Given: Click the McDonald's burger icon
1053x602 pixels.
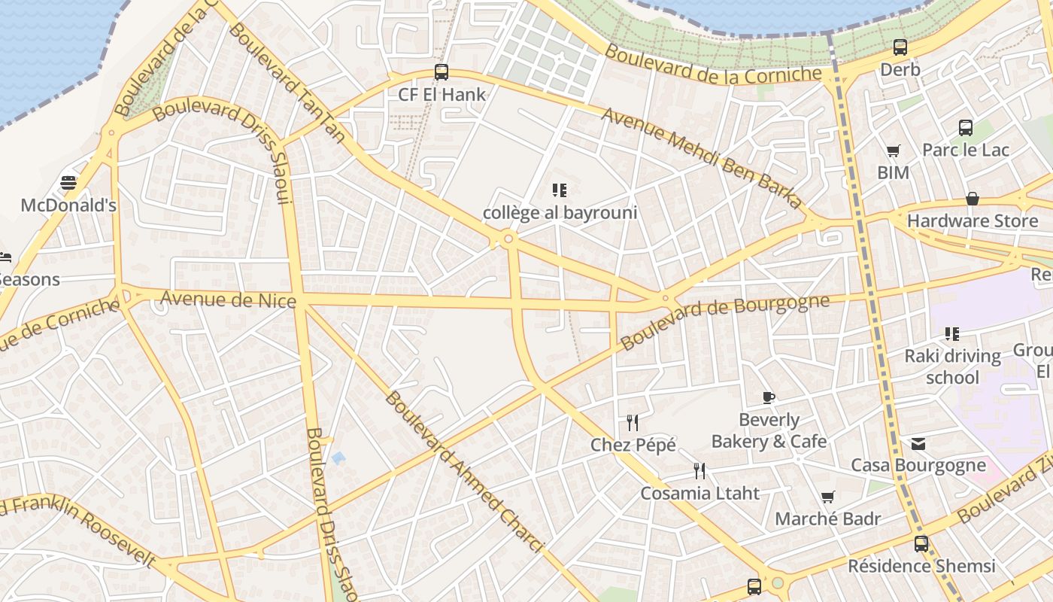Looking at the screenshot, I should pos(68,183).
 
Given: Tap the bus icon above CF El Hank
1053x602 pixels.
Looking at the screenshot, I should pos(442,72).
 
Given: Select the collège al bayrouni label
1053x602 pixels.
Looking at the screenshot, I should pos(560,213).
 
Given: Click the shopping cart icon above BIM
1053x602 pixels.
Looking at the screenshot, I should pos(893,151).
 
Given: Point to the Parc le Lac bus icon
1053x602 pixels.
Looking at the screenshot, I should pos(966,128).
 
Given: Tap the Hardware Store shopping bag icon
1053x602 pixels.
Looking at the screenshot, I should pos(973,199).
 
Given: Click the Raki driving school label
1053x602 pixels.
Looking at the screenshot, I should pos(952,366).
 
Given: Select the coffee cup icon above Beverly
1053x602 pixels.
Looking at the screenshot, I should pos(768,397).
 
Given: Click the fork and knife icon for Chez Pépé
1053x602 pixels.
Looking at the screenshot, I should pos(633,423).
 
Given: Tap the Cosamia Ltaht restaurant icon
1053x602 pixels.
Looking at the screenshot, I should pos(699,471).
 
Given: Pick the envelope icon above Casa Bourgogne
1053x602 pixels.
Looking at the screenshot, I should pos(918,443).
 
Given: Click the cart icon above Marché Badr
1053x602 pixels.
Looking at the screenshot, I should pos(827,497).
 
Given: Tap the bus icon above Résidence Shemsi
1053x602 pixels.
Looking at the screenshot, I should pos(921,543).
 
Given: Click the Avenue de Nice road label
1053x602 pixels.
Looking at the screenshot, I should pos(228,299).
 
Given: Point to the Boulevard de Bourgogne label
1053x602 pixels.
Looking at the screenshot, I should pos(725,321).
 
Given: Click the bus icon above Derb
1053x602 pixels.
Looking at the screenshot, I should pos(900,47).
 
